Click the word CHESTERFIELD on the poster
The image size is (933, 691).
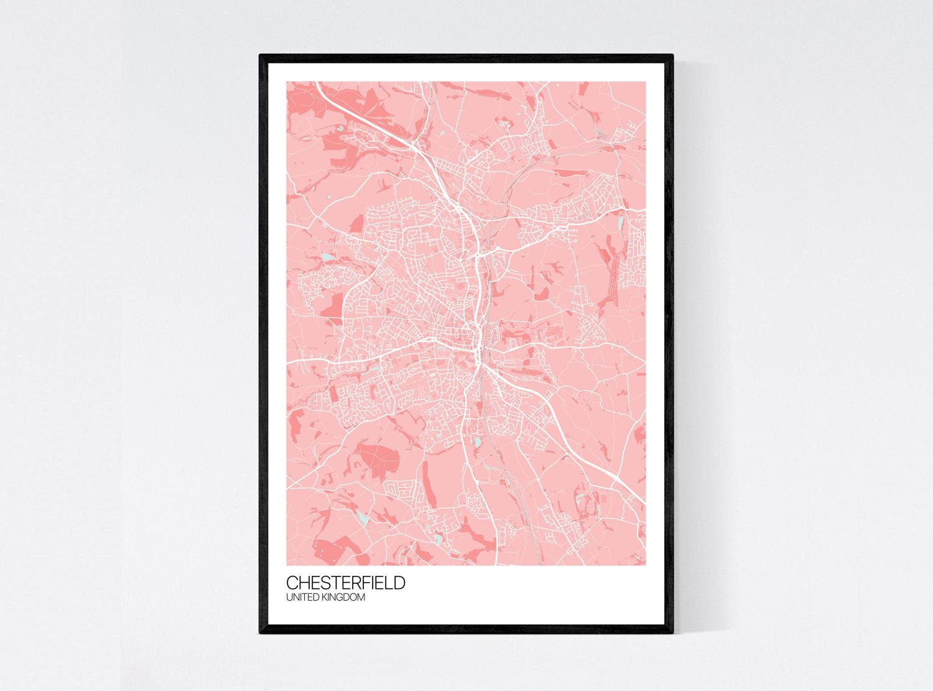[x=346, y=583]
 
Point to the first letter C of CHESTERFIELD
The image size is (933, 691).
[x=292, y=583]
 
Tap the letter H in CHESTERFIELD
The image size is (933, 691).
[x=304, y=583]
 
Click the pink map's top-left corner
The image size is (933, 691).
[x=287, y=82]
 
